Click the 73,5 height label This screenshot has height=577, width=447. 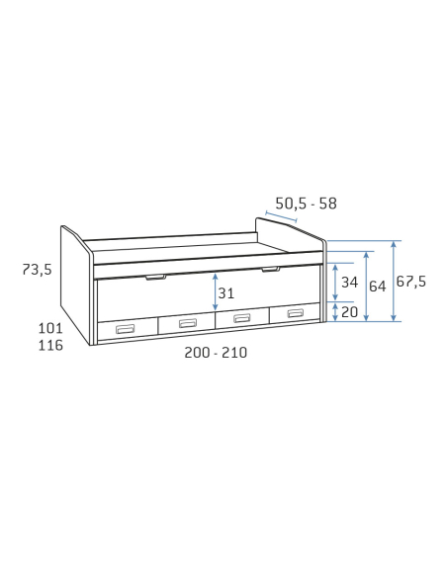coord(38,270)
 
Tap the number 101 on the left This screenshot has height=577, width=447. coord(50,328)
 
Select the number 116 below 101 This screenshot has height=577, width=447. coord(50,345)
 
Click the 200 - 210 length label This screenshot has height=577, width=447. coord(216,353)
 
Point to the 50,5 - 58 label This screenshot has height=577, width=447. coord(306,204)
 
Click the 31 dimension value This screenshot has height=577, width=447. coord(226,293)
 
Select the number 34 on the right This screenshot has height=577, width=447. coord(349,283)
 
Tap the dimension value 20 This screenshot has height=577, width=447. coord(349,311)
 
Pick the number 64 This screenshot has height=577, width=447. coord(378,287)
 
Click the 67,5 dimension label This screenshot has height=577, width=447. coord(411,282)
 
